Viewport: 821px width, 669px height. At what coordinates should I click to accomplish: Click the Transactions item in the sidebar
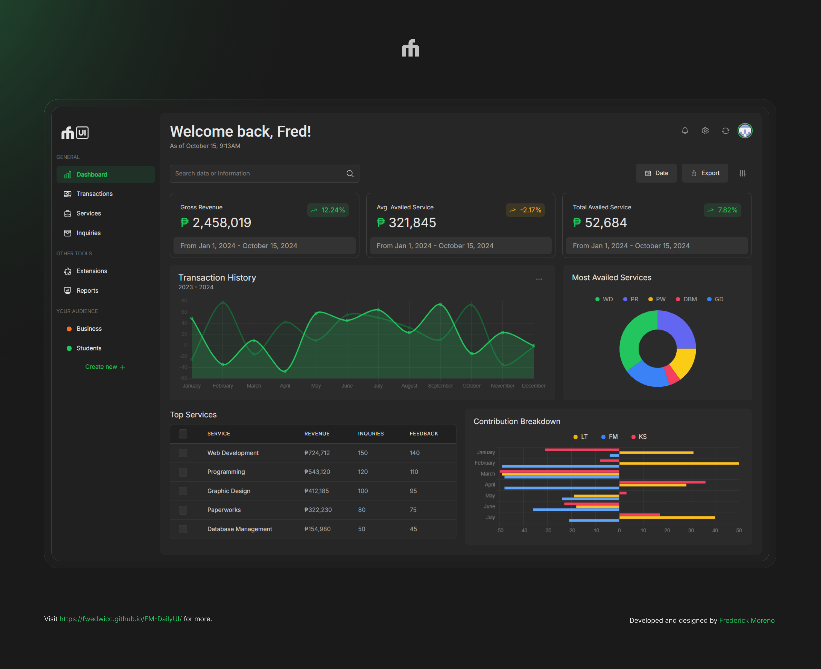pos(94,194)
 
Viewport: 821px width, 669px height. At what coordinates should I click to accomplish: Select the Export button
pos(705,173)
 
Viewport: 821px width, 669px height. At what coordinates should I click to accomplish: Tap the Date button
pos(656,173)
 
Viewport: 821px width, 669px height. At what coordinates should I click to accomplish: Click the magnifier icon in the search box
pos(350,174)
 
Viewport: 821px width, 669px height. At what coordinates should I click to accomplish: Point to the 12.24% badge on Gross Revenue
pos(328,210)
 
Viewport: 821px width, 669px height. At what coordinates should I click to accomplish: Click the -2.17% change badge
pos(525,210)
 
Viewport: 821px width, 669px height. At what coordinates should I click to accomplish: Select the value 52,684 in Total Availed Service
pos(605,223)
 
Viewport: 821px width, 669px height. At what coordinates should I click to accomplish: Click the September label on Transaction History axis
pos(440,386)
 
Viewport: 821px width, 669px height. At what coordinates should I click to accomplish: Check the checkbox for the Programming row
pos(183,472)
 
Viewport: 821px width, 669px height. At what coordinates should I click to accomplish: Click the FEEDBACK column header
pos(424,434)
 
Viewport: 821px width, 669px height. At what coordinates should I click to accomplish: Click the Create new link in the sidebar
pos(105,367)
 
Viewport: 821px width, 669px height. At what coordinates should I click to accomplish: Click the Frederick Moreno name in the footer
pos(747,620)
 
